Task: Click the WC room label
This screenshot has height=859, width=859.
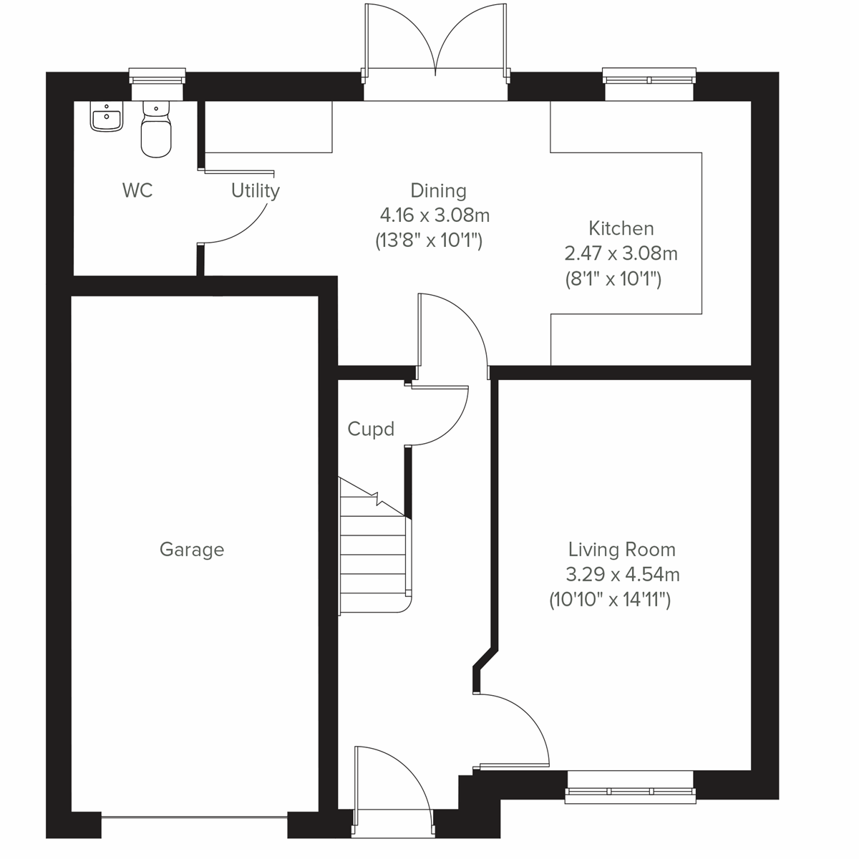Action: click(x=137, y=190)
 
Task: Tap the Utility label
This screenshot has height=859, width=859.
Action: click(x=255, y=190)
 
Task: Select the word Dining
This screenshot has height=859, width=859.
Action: click(x=438, y=190)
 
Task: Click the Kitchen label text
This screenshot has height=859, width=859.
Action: click(x=621, y=228)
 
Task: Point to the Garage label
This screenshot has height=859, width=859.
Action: click(x=191, y=550)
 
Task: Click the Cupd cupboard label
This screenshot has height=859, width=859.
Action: click(x=371, y=429)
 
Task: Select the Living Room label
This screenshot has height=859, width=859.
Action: click(x=621, y=550)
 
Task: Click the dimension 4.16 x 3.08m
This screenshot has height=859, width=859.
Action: click(x=435, y=215)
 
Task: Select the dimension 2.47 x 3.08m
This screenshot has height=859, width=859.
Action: click(x=621, y=253)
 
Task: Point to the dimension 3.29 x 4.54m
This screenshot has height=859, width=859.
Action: click(x=622, y=575)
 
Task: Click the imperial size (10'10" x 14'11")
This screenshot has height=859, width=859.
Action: click(x=610, y=600)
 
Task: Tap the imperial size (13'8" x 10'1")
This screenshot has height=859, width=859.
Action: click(x=429, y=241)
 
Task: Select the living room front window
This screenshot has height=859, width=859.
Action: click(x=630, y=787)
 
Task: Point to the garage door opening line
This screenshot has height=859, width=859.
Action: click(x=195, y=815)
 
